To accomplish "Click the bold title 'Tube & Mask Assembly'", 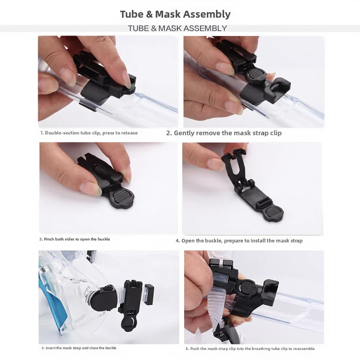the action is [175, 14].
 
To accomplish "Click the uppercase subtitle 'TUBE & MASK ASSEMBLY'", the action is [177, 28].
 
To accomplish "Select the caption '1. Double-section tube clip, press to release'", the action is [89, 133].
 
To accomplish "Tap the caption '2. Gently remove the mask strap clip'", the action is [224, 133].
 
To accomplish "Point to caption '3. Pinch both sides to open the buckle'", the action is [74, 239].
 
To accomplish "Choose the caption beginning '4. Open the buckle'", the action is [239, 241].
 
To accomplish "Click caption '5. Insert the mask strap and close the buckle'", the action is [79, 348].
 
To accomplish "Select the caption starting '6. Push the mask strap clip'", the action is [250, 348].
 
